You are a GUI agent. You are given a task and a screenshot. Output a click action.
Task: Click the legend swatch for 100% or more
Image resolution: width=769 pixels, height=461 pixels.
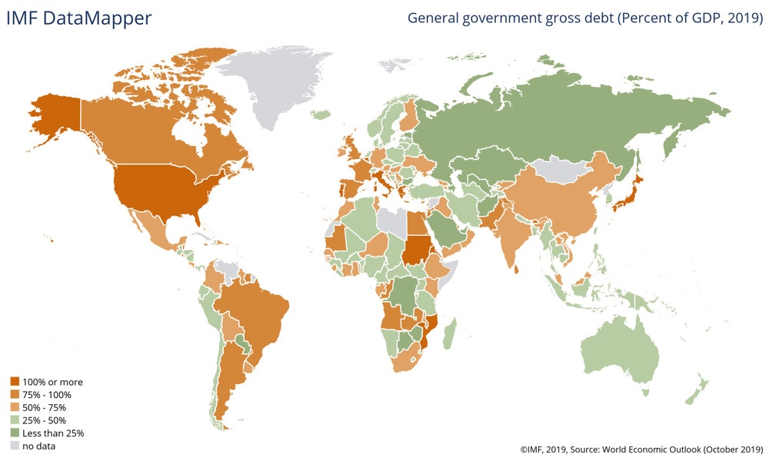point(15,382)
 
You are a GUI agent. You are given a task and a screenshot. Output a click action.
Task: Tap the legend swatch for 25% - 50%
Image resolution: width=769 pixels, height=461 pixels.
point(15,421)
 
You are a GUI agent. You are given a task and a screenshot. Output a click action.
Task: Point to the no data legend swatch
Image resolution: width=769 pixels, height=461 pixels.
point(15,446)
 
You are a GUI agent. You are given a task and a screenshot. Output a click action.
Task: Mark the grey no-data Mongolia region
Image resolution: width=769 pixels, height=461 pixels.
point(569,171)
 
